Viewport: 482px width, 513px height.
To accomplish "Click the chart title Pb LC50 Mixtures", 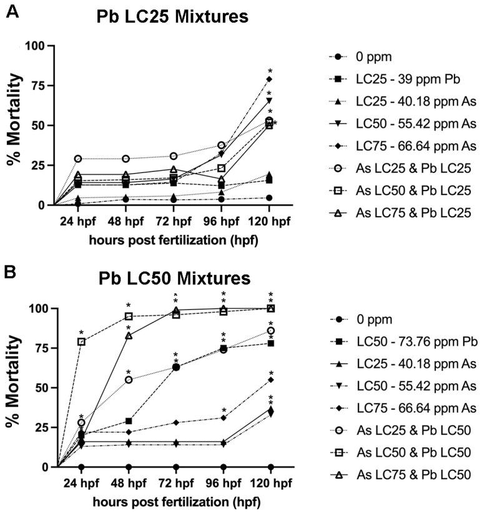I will coord(174,277).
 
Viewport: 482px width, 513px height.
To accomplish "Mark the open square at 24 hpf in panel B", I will coord(81,342).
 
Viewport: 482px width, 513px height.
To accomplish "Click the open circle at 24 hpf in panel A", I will coord(78,159).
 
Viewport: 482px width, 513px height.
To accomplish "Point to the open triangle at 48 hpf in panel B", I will coord(129,336).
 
